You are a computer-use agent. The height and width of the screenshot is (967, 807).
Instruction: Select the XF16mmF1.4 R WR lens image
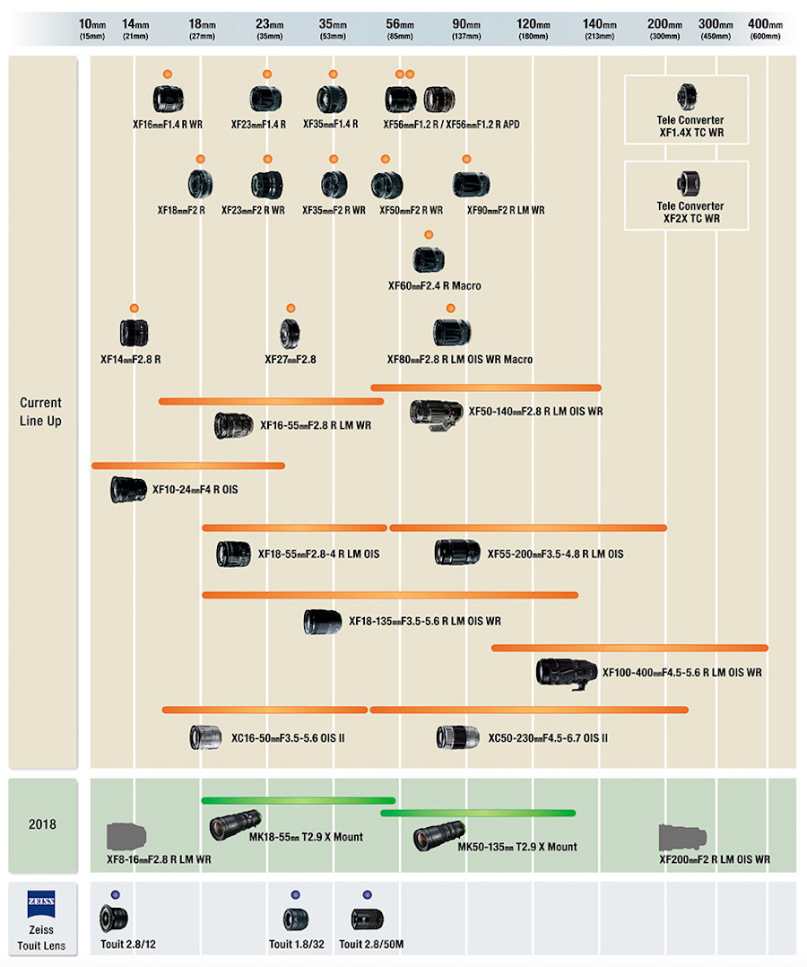(168, 98)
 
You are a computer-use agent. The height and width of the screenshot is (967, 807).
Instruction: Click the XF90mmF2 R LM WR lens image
(470, 184)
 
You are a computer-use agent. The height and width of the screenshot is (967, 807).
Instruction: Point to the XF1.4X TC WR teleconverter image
(687, 96)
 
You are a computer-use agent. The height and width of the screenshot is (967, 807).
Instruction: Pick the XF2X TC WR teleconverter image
(687, 182)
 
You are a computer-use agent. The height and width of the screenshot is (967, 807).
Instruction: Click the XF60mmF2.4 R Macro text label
(434, 285)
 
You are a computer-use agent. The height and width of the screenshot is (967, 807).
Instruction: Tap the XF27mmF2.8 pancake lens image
(290, 333)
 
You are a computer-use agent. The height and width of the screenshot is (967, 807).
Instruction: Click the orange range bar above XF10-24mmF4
(187, 466)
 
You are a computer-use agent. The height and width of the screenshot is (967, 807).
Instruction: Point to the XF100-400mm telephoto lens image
(566, 671)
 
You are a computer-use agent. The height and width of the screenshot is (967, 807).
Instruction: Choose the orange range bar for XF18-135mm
(389, 594)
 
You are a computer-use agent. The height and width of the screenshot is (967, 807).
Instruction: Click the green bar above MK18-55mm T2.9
(298, 800)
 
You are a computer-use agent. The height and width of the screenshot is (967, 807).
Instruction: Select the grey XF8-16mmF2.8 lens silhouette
(126, 836)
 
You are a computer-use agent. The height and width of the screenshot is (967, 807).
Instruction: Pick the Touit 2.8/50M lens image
(367, 919)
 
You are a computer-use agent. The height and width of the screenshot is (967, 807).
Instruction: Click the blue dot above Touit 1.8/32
(294, 895)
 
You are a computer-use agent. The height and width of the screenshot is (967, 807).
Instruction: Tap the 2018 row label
(42, 823)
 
